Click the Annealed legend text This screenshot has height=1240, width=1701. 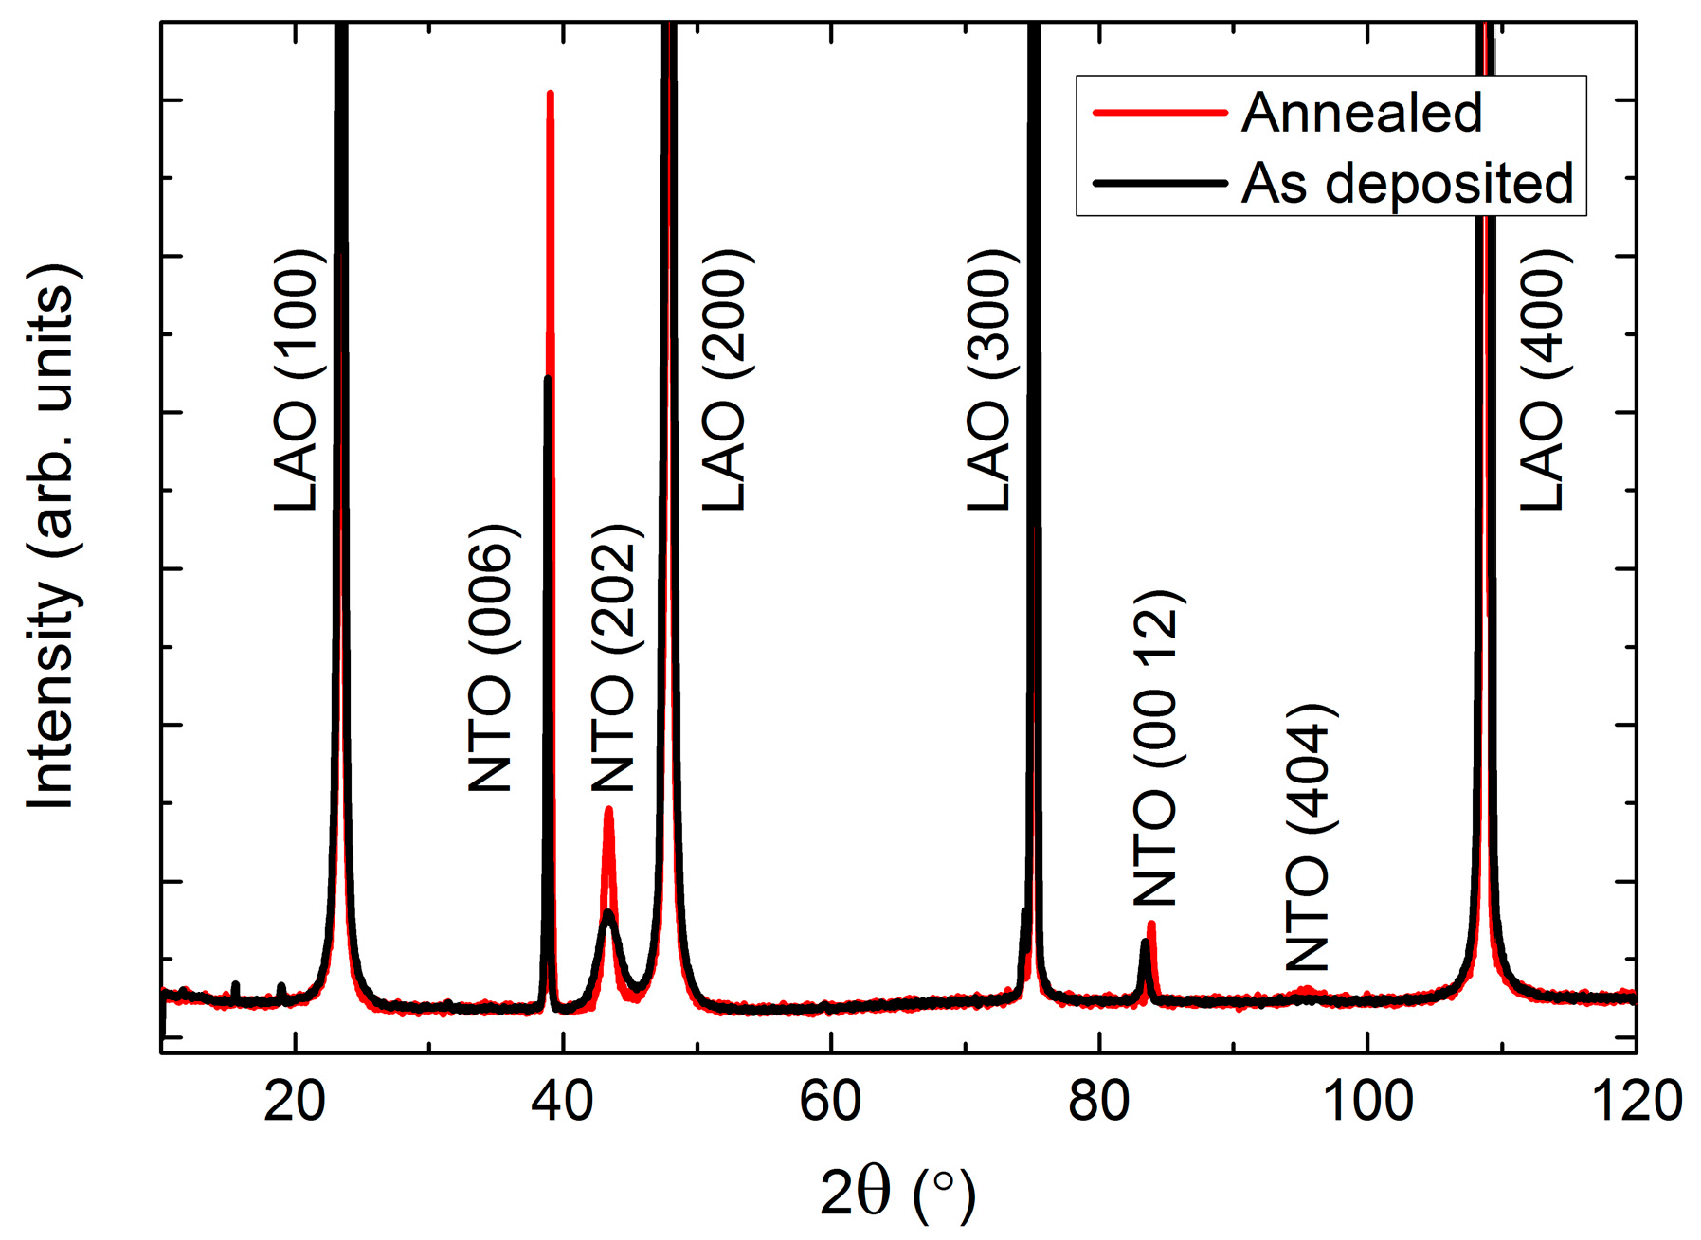pos(1361,114)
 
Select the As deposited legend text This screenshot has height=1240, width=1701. pos(1407,184)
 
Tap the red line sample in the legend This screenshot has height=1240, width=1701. pos(1160,113)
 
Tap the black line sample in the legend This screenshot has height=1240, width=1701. pos(1160,183)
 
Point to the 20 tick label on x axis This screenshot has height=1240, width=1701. pos(295,1102)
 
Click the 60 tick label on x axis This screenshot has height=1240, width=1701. pos(830,1102)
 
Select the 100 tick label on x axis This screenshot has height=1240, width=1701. pos(1366,1102)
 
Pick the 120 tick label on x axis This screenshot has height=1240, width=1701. pos(1634,1102)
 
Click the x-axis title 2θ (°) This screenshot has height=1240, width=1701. pos(896,1194)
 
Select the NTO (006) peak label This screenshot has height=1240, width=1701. pos(491,657)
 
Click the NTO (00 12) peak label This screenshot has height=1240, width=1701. pos(1155,748)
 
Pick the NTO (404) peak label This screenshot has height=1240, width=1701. pos(1308,837)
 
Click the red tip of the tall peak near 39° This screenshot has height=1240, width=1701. pos(551,95)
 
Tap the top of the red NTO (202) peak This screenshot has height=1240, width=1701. pos(608,811)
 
